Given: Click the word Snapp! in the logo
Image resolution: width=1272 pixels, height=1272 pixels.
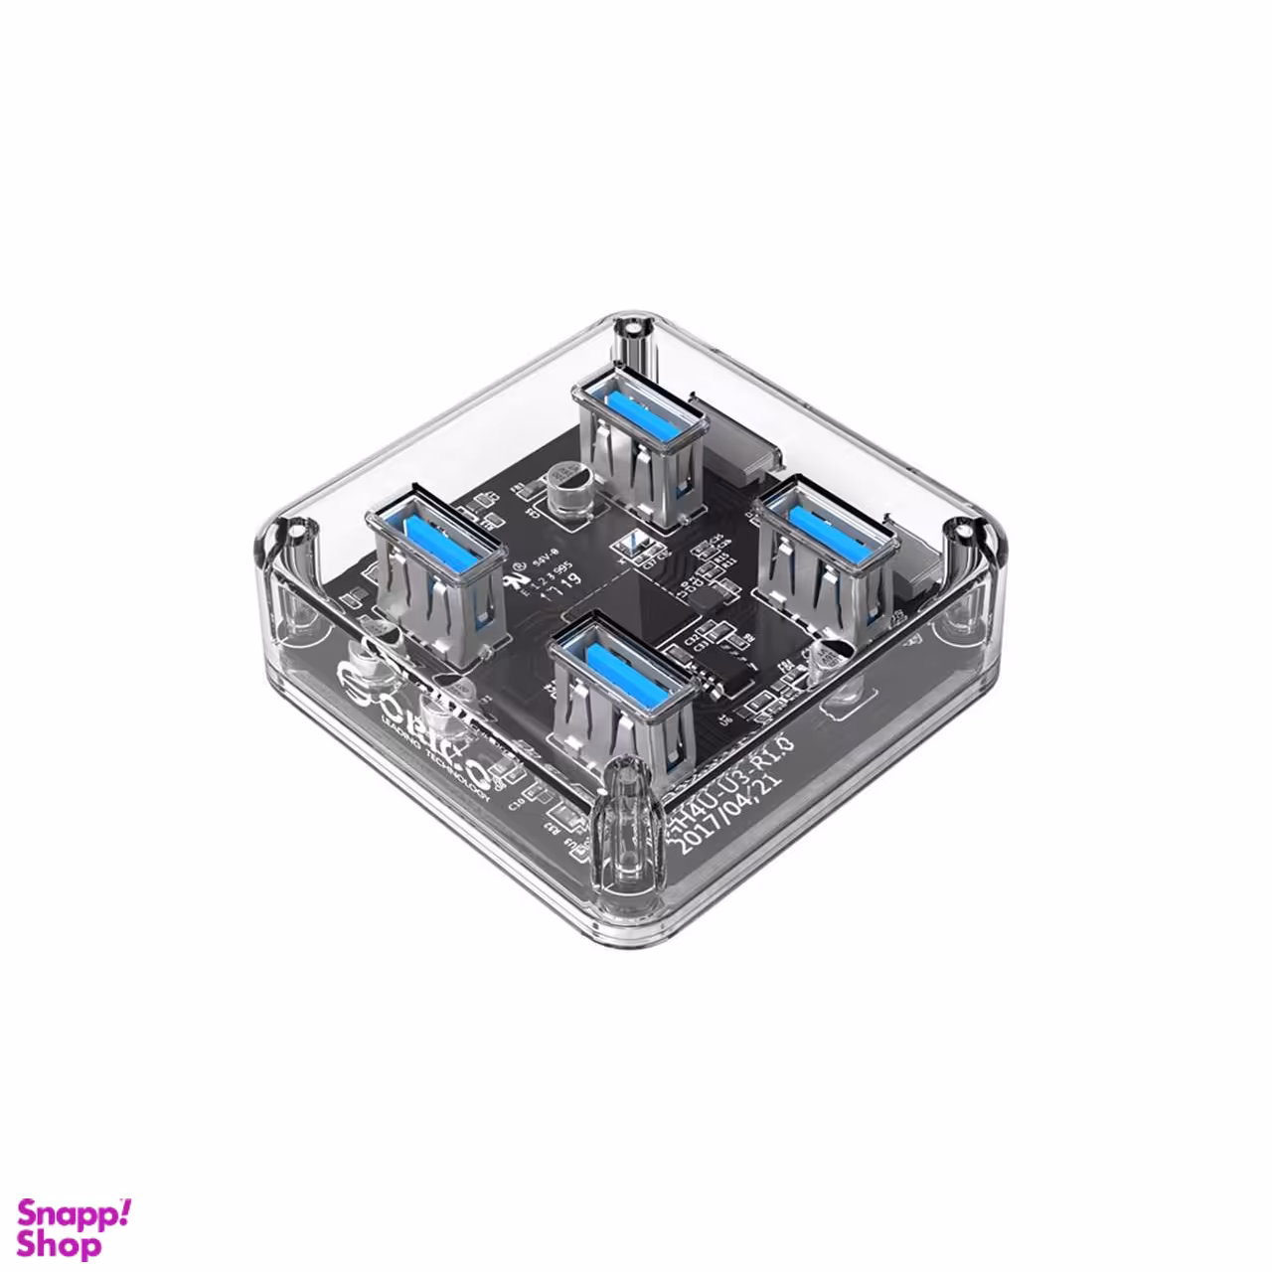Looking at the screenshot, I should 75,1214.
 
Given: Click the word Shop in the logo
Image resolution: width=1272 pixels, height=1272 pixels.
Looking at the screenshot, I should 60,1245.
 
